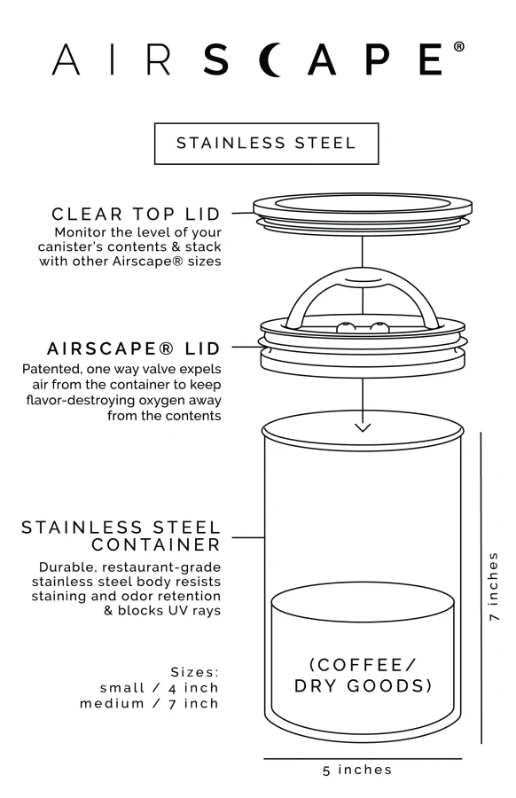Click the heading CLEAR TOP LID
(x=141, y=214)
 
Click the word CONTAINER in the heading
(x=156, y=544)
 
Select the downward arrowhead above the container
(x=362, y=427)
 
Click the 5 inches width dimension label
(x=357, y=770)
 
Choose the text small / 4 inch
(x=159, y=688)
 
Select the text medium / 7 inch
(x=149, y=704)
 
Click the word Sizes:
(x=194, y=671)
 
